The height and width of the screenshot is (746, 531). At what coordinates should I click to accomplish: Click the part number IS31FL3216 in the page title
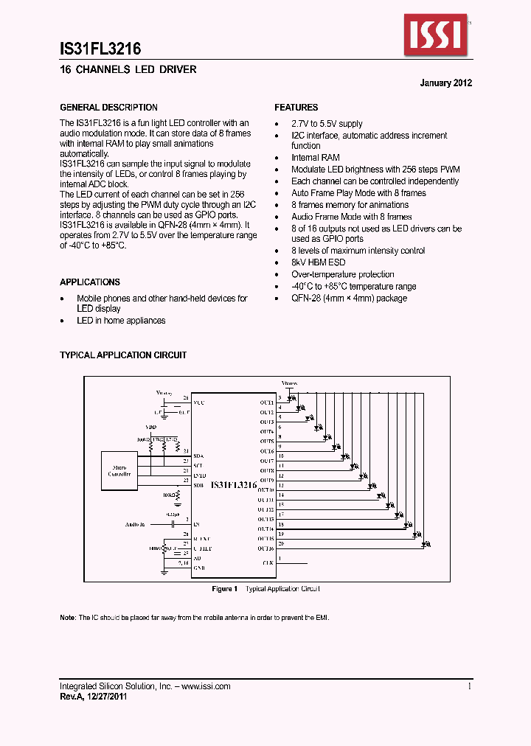(x=100, y=49)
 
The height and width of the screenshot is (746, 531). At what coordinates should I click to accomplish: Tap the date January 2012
(x=446, y=83)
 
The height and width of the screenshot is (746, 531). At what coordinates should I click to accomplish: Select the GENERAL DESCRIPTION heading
(x=108, y=108)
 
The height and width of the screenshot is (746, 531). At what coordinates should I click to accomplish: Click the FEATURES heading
(x=296, y=108)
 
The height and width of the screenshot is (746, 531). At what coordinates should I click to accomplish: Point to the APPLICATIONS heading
(x=90, y=282)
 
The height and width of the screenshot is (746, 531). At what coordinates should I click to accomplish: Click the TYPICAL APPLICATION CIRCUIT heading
(x=123, y=355)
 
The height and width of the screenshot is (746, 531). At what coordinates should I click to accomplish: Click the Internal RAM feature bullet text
(x=316, y=158)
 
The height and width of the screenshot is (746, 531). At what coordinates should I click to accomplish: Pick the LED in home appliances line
(x=122, y=321)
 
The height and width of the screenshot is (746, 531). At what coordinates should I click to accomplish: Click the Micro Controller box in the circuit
(x=121, y=471)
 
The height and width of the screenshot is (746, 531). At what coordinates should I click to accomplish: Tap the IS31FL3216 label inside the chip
(x=233, y=485)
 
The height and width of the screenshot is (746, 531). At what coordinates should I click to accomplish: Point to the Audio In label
(x=136, y=524)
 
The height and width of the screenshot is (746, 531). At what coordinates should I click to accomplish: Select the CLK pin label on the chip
(x=268, y=563)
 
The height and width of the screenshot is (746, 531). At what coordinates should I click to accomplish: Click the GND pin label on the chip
(x=199, y=568)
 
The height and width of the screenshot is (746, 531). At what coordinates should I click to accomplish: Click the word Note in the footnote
(x=68, y=617)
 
